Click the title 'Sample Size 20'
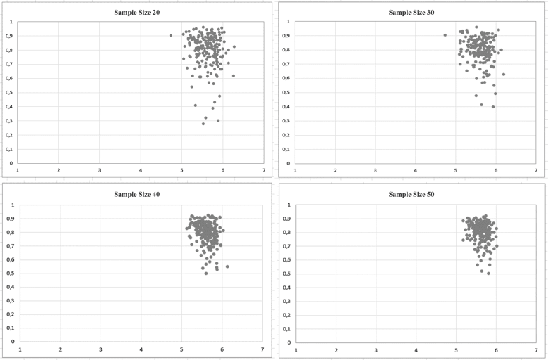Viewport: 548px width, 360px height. coord(141,12)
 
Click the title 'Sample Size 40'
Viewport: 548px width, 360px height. coord(141,194)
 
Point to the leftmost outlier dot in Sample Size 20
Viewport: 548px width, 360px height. coord(171,35)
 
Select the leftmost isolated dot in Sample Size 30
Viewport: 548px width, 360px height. coord(445,35)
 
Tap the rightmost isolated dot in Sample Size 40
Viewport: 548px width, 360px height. coord(227,266)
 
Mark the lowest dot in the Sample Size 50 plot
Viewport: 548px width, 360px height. coord(488,273)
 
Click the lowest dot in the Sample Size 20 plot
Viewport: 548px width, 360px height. coord(203,124)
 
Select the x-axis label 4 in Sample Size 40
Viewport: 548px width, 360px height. coord(141,349)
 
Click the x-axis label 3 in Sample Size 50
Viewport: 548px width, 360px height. coord(376,349)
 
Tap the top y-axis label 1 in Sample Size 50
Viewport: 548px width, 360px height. coord(287,205)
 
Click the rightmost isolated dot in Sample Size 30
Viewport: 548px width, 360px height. coord(504,75)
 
